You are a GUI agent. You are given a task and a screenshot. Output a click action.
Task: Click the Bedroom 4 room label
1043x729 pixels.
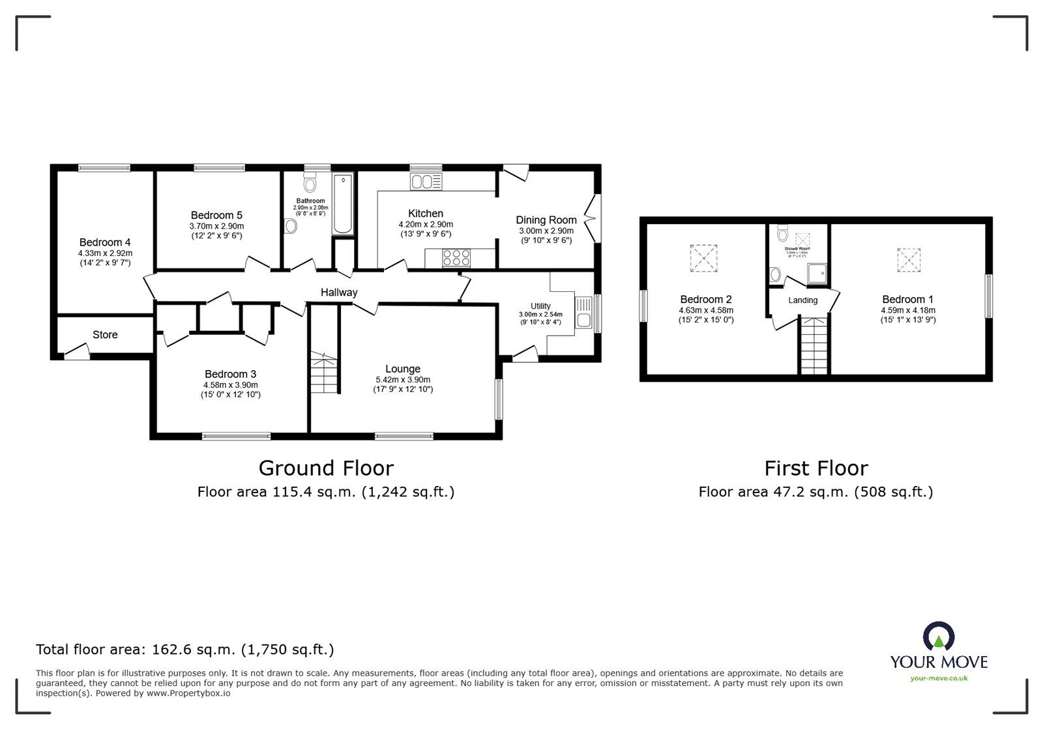coord(105,242)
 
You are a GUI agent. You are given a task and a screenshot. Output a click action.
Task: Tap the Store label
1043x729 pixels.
coord(105,335)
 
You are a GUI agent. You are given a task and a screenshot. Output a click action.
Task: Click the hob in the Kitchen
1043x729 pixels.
coord(456,258)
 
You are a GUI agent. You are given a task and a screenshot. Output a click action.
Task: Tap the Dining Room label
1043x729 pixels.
coord(546,220)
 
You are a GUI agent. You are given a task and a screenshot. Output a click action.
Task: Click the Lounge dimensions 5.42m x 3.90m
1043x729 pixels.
coord(403,380)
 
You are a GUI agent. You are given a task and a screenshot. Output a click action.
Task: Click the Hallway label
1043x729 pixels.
coord(338,293)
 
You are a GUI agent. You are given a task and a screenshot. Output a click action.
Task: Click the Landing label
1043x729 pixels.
coord(802,300)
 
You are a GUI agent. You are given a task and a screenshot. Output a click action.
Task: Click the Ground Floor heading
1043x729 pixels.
coord(326,468)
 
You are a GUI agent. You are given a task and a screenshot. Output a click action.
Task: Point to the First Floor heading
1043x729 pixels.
coord(815,468)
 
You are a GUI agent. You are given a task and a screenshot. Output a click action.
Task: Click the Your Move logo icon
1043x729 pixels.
coord(939,636)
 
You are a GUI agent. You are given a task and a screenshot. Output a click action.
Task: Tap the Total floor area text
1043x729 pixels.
coord(184,650)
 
